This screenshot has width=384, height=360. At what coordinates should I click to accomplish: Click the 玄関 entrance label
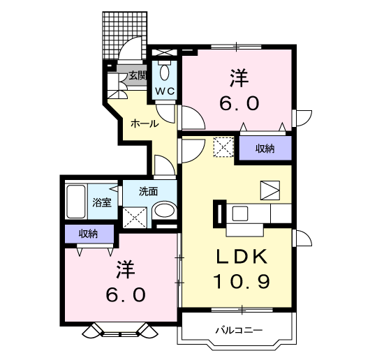[137, 75]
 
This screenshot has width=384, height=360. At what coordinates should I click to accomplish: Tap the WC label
[165, 91]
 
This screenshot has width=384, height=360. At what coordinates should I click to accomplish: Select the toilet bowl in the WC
[165, 73]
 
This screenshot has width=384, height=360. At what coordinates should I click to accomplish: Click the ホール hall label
[143, 123]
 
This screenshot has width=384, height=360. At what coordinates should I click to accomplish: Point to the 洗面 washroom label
[147, 190]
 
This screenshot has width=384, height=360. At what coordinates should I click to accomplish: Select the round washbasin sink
[165, 211]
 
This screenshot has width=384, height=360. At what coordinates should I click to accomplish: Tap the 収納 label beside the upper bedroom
[264, 148]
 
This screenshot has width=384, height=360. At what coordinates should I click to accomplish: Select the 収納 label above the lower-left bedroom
[88, 234]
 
